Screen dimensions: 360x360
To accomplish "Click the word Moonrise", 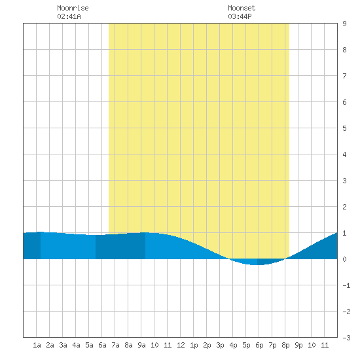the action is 73,8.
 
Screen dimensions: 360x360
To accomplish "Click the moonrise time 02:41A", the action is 69,16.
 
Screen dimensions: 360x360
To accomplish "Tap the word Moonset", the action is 242,8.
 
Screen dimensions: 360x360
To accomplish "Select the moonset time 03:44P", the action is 240,16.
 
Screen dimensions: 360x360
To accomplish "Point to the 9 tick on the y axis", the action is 344,24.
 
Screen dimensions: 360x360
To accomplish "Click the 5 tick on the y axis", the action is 344,128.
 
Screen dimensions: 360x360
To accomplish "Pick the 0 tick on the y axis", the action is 344,259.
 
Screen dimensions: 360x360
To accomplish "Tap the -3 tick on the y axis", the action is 346,338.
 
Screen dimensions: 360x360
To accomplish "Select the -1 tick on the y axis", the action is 346,285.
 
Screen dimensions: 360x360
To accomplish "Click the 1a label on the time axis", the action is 37,345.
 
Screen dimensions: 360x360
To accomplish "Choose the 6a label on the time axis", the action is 102,345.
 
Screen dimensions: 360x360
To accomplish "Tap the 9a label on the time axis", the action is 141,345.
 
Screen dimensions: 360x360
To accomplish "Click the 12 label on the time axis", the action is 181,345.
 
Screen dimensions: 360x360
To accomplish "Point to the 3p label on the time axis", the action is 220,345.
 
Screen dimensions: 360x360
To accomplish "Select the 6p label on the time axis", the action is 259,345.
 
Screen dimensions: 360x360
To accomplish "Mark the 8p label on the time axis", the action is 285,345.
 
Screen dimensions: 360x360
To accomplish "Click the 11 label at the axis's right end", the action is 325,345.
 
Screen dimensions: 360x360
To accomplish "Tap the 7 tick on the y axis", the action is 344,76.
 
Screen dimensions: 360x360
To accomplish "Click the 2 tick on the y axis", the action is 344,207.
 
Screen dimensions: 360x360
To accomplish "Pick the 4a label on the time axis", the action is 76,345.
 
